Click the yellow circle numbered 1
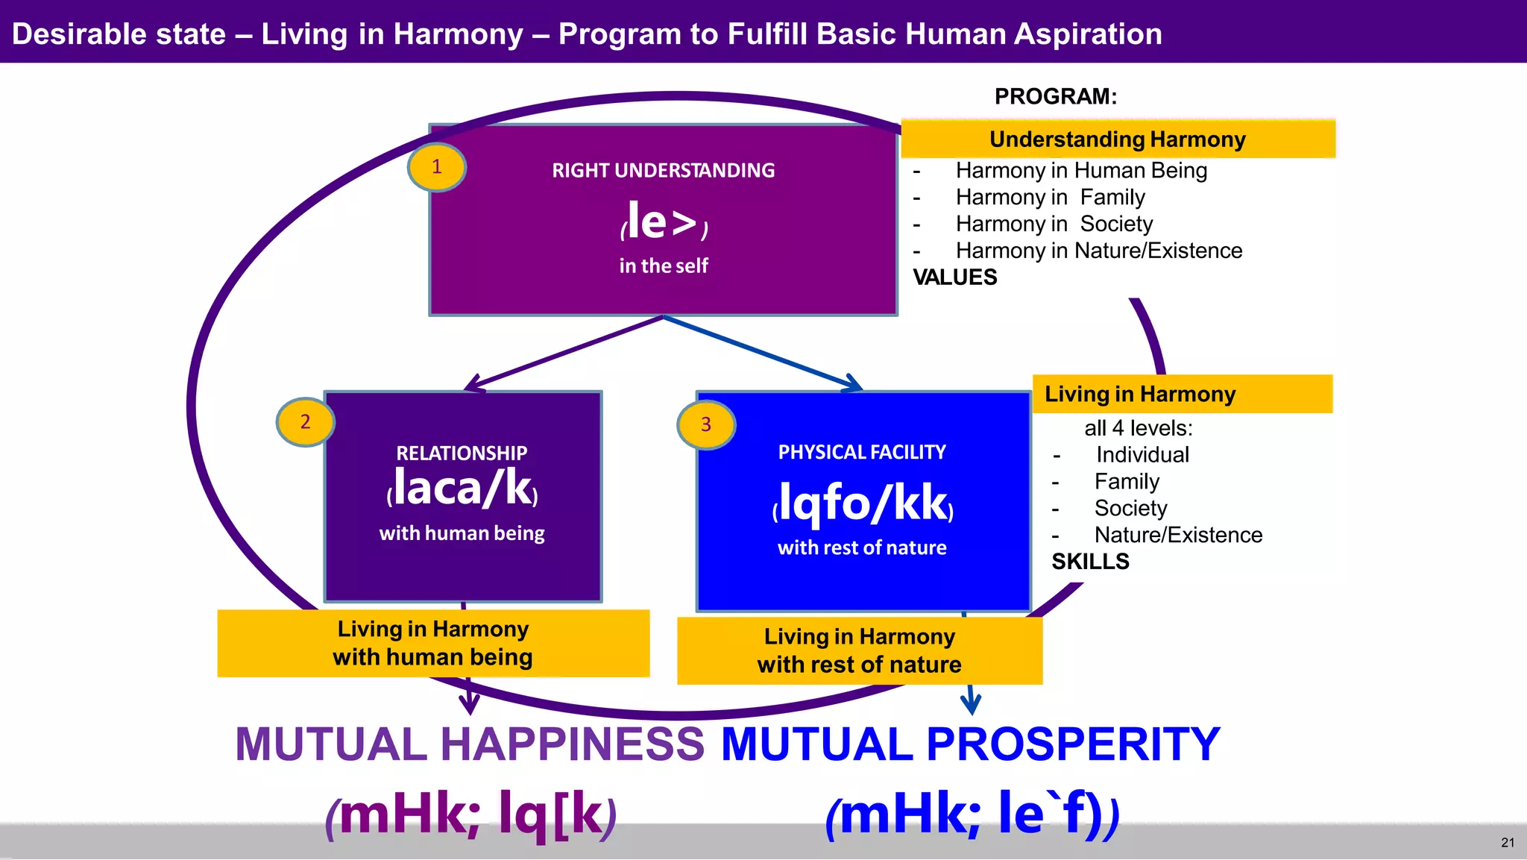pos(437,167)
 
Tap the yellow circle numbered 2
pos(305,422)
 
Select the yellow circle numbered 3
pos(706,425)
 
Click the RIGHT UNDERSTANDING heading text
pos(663,171)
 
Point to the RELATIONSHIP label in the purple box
pos(462,453)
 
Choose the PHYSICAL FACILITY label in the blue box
pos(862,452)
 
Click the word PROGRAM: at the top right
pos(1055,97)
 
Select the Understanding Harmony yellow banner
pos(1117,139)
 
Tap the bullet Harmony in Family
pos(1050,198)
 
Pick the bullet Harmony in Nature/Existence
pos(1098,251)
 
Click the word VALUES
pos(955,277)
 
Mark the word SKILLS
pos(1090,562)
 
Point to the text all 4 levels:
pos(1138,428)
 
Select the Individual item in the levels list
pos(1142,455)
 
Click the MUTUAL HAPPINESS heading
pos(470,744)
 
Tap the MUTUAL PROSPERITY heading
pos(970,744)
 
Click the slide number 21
pos(1508,843)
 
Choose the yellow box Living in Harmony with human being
pos(433,643)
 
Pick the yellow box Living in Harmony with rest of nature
pos(859,650)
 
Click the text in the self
pos(663,266)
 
